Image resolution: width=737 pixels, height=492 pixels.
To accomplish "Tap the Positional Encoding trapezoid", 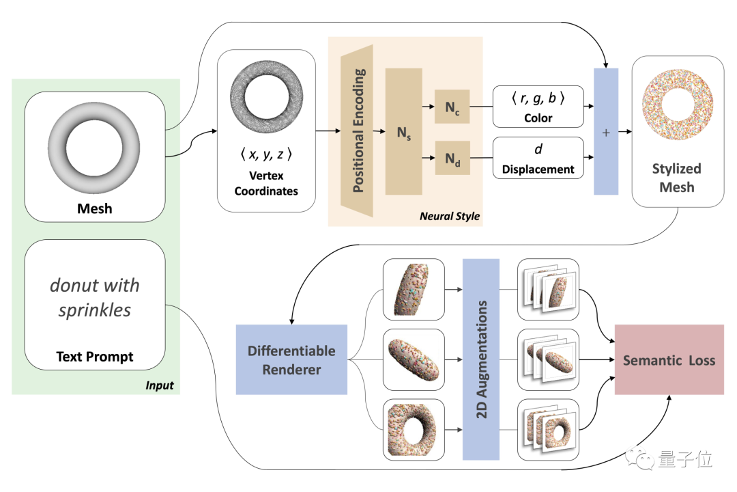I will tap(357, 131).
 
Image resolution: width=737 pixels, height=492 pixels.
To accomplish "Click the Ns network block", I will tap(404, 132).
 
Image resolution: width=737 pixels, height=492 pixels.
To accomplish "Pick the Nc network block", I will tap(452, 107).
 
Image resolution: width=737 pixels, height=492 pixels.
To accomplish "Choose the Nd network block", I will tap(452, 159).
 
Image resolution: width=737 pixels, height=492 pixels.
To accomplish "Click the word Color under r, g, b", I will tap(538, 118).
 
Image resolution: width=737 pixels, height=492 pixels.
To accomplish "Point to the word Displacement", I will tap(538, 169).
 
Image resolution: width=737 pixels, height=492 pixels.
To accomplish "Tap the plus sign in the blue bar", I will tap(605, 132).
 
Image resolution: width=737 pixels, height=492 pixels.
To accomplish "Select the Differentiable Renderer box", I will tap(291, 360).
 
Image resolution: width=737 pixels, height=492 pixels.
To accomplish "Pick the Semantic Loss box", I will tap(669, 360).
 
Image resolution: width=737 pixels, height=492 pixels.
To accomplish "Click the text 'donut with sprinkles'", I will tap(94, 297).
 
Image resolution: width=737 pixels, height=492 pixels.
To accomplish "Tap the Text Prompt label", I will tap(95, 356).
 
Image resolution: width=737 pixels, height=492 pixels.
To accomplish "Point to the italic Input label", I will tap(160, 385).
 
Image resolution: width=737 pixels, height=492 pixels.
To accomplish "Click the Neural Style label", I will tap(450, 216).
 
